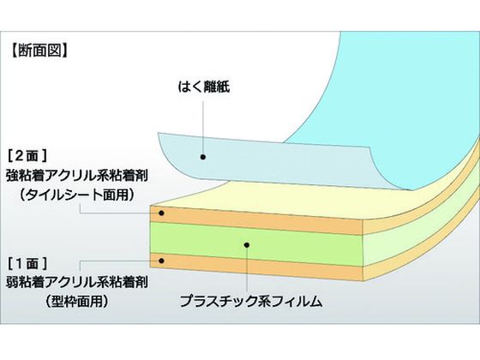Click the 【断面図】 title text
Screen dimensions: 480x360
39,51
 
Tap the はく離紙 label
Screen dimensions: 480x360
204,87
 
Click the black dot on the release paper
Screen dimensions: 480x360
202,157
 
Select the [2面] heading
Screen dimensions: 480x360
27,156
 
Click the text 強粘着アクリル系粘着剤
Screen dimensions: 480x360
77,176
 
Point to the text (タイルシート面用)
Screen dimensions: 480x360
77,195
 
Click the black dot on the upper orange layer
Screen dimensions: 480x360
161,213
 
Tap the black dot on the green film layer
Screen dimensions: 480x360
247,245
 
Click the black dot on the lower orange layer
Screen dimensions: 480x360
161,261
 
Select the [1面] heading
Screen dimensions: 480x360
27,264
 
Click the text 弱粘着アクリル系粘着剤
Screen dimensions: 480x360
77,282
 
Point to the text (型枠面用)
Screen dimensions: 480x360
77,302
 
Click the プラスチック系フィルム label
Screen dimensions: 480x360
250,302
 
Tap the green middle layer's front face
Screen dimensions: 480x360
256,243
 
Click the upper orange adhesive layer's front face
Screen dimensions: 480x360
256,220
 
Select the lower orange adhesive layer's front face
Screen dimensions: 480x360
256,267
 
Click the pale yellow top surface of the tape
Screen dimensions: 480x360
275,201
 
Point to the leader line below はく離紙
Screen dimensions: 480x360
203,128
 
